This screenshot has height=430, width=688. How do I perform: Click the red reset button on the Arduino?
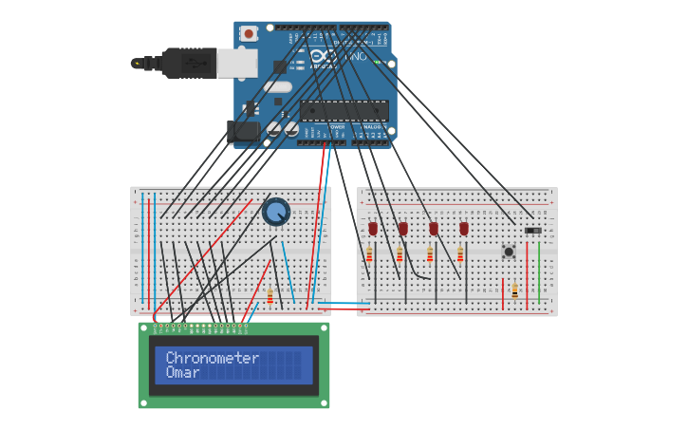pyautogui.click(x=249, y=34)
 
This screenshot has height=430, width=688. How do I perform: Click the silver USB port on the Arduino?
pyautogui.click(x=237, y=63)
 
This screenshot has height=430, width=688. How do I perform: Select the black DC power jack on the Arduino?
pyautogui.click(x=244, y=131)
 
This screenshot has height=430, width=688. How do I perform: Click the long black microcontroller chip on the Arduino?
pyautogui.click(x=344, y=110)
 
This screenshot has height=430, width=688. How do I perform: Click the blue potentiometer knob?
pyautogui.click(x=276, y=212)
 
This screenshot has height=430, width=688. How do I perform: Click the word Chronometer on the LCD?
pyautogui.click(x=212, y=358)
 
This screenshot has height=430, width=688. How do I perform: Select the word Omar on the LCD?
pyautogui.click(x=182, y=373)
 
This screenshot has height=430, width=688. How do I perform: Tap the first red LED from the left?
pyautogui.click(x=373, y=228)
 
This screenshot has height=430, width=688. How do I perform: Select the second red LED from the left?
pyautogui.click(x=403, y=228)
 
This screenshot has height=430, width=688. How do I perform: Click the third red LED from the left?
pyautogui.click(x=434, y=228)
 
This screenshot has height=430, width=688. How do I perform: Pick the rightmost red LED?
pyautogui.click(x=464, y=228)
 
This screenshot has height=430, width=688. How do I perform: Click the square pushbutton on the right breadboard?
pyautogui.click(x=509, y=252)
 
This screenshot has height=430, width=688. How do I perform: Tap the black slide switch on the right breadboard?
pyautogui.click(x=533, y=230)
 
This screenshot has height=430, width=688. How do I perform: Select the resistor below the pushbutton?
pyautogui.click(x=514, y=290)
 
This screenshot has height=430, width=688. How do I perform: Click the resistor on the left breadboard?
pyautogui.click(x=270, y=296)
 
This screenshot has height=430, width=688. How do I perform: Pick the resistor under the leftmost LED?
pyautogui.click(x=369, y=254)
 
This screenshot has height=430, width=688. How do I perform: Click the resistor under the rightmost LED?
pyautogui.click(x=460, y=254)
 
